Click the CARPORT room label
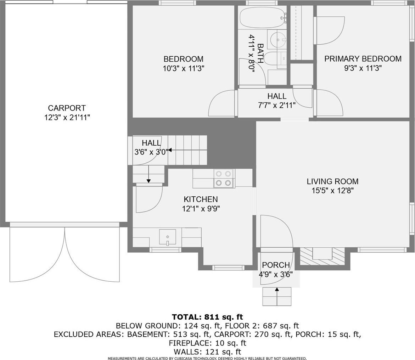point(67,108)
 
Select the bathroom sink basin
point(277,40)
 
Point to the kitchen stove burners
point(224,178)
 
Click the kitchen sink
point(167,237)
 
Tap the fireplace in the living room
point(322,256)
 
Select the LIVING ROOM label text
point(333,181)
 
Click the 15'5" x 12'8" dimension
point(333,191)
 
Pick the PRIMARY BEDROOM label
point(363,59)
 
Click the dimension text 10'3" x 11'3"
point(184,68)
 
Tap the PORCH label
point(276,265)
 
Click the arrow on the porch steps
point(277,297)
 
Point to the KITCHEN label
point(201,199)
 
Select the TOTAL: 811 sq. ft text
point(208,317)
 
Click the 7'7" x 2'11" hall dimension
point(277,105)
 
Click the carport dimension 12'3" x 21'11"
point(67,118)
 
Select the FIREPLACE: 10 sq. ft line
point(208,343)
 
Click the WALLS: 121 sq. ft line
point(208,352)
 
